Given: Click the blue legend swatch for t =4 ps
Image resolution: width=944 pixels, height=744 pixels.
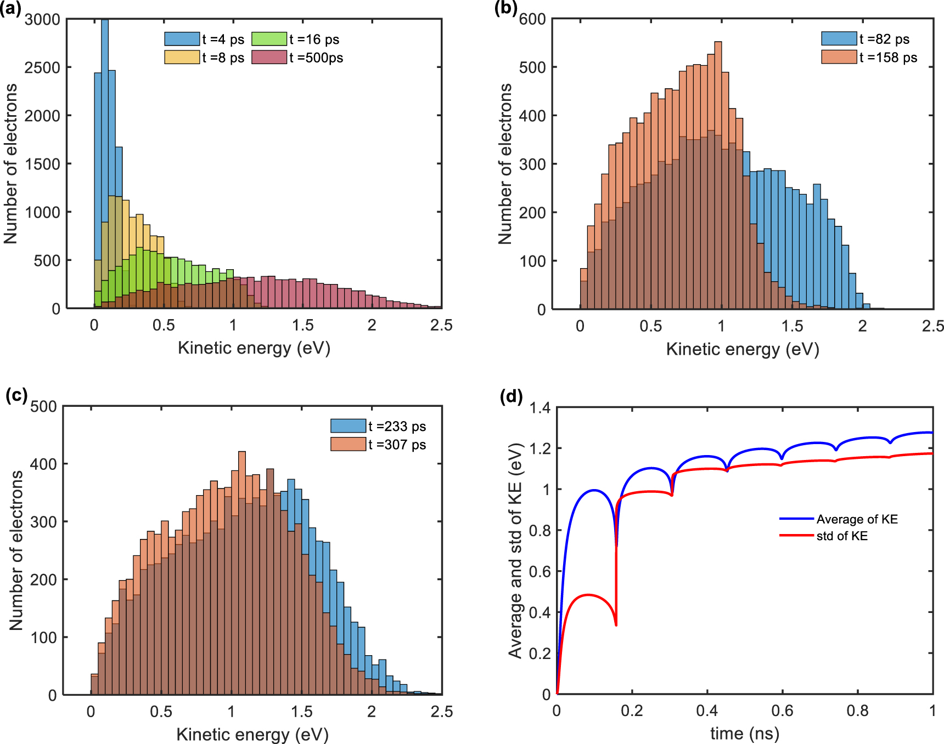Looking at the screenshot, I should click(182, 39).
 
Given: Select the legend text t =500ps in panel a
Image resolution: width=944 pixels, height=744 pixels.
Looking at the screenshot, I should click(316, 58).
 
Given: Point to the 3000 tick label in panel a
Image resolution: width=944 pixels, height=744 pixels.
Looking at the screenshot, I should click(42, 20).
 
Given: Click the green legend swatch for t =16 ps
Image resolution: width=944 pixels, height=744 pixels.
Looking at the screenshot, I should click(269, 39).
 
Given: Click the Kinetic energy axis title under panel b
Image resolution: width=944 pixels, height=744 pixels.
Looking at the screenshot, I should click(742, 349).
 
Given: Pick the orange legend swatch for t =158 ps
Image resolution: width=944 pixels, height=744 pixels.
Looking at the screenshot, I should click(839, 57).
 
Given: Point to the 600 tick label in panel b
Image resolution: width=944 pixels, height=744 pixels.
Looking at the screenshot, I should click(532, 20).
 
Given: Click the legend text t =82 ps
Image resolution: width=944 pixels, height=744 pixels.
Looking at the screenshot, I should click(884, 39).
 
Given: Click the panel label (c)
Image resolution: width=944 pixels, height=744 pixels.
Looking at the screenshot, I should click(16, 395).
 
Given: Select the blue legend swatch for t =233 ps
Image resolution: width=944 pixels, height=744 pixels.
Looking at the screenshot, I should click(348, 426).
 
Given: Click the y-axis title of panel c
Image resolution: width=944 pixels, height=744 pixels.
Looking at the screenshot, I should click(16, 550).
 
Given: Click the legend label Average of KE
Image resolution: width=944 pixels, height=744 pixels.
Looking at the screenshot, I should click(857, 519).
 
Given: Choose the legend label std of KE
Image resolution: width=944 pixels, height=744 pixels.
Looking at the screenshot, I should click(842, 536).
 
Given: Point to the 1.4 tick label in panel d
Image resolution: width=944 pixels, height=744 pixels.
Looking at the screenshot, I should click(540, 407).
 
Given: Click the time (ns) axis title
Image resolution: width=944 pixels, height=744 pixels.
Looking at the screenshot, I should click(744, 734).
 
